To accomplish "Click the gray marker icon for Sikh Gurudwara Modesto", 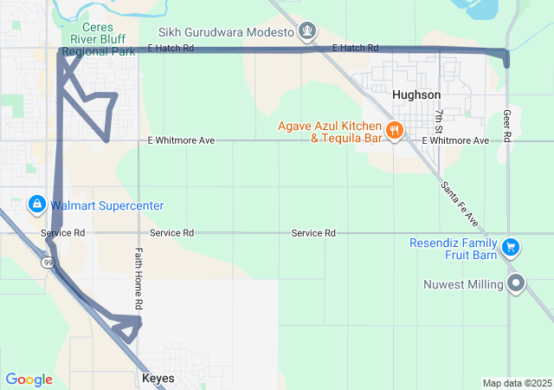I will pyautogui.click(x=306, y=33).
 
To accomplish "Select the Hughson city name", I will pyautogui.click(x=416, y=94).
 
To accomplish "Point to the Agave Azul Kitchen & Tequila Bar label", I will pyautogui.click(x=330, y=131).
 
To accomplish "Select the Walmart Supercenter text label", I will pyautogui.click(x=106, y=205).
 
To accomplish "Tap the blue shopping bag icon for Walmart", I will pyautogui.click(x=36, y=205).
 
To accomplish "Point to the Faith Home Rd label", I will pyautogui.click(x=138, y=279).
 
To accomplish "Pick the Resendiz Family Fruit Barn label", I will pyautogui.click(x=454, y=249).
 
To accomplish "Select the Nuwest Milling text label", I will pyautogui.click(x=463, y=284).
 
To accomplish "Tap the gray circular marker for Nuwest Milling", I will pyautogui.click(x=517, y=283).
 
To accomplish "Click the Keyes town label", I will pyautogui.click(x=158, y=379).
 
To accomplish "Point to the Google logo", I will pyautogui.click(x=29, y=380).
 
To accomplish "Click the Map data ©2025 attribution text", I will pyautogui.click(x=516, y=383).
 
